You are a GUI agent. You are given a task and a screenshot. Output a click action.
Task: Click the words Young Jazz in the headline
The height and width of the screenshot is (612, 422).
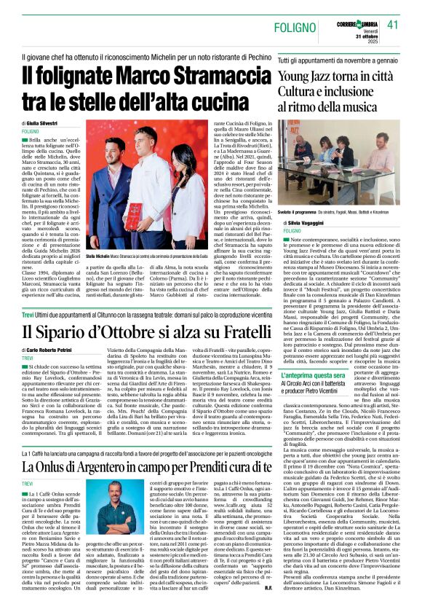[309, 75]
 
